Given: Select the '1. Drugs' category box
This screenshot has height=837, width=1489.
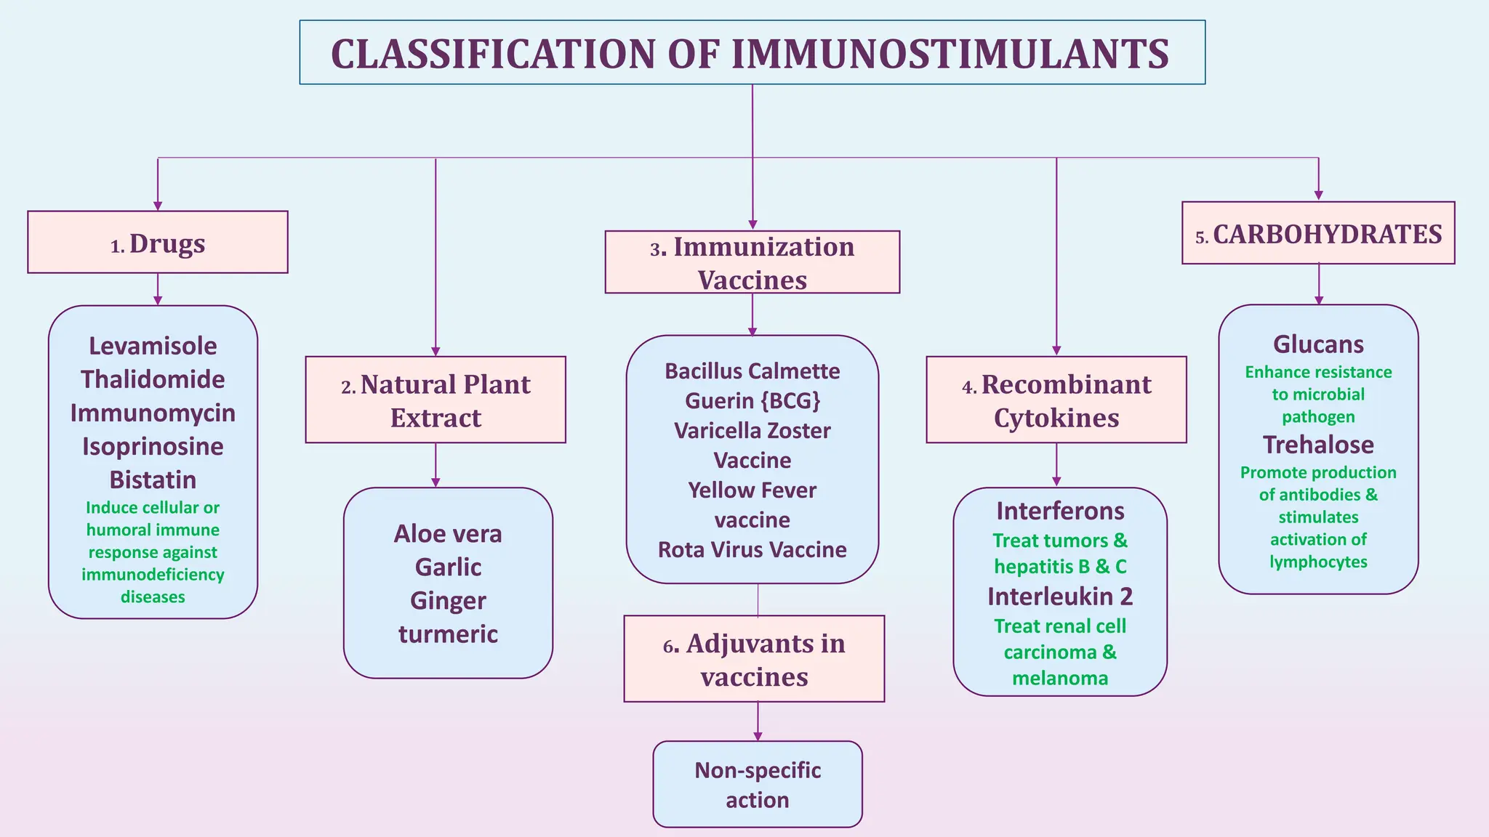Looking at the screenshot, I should (x=158, y=243).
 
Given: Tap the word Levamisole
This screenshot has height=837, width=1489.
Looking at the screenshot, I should (x=153, y=346).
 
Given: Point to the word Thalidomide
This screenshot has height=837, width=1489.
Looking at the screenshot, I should (x=153, y=379).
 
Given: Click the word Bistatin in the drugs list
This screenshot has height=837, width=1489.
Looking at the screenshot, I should (x=153, y=480).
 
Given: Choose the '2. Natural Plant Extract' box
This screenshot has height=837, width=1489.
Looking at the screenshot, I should (x=436, y=400).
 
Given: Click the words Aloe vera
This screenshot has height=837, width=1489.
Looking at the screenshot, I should (x=448, y=534).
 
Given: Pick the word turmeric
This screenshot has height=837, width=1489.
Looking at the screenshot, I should (x=448, y=634).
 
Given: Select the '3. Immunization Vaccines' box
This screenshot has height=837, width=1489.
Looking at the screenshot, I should (x=752, y=262).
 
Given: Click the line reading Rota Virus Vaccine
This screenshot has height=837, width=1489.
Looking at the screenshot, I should (x=752, y=549).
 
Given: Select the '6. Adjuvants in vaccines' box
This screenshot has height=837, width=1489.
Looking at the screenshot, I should (x=754, y=659).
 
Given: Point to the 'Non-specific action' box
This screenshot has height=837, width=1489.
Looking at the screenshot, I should (x=758, y=785).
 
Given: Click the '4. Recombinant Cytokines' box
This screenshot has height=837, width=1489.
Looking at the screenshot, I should (x=1056, y=400).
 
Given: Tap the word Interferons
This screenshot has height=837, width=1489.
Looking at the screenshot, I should (x=1060, y=511).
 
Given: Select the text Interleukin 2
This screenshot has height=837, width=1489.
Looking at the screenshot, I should (x=1060, y=597).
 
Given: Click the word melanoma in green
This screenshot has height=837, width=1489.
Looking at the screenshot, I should (x=1060, y=679).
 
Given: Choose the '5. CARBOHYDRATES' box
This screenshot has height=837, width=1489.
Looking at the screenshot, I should (x=1318, y=234).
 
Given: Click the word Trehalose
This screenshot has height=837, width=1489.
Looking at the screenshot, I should (x=1318, y=445).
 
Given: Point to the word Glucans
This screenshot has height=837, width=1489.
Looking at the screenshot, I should (x=1318, y=344).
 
